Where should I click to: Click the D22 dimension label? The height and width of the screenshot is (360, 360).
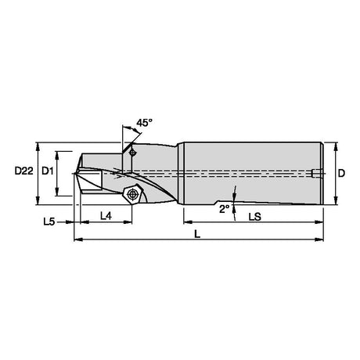coord(24,171)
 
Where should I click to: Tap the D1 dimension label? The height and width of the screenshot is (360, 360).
coord(48,171)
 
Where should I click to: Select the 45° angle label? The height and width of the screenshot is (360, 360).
coord(144,123)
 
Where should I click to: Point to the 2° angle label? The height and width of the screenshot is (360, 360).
coord(225,209)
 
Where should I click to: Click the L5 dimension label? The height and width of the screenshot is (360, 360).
coord(49,222)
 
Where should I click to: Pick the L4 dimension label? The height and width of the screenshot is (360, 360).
coord(106,216)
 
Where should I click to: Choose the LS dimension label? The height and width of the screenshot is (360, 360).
coord(255,217)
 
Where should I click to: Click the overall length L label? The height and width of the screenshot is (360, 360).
coord(197,234)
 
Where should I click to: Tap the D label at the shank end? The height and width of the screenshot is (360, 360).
coord(341,173)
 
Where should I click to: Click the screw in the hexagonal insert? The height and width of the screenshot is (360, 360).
coord(132,194)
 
